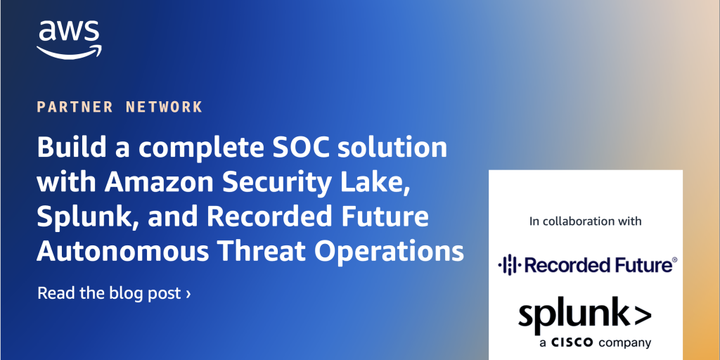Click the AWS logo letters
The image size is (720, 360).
[69, 32]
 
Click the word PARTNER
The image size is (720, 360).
[75, 107]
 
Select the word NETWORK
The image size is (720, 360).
[164, 107]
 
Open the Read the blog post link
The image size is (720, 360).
[114, 293]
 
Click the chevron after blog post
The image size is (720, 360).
[188, 294]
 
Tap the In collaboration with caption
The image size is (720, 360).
[586, 221]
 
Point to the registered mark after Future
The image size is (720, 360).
[674, 260]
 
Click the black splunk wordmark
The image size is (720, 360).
[584, 316]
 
